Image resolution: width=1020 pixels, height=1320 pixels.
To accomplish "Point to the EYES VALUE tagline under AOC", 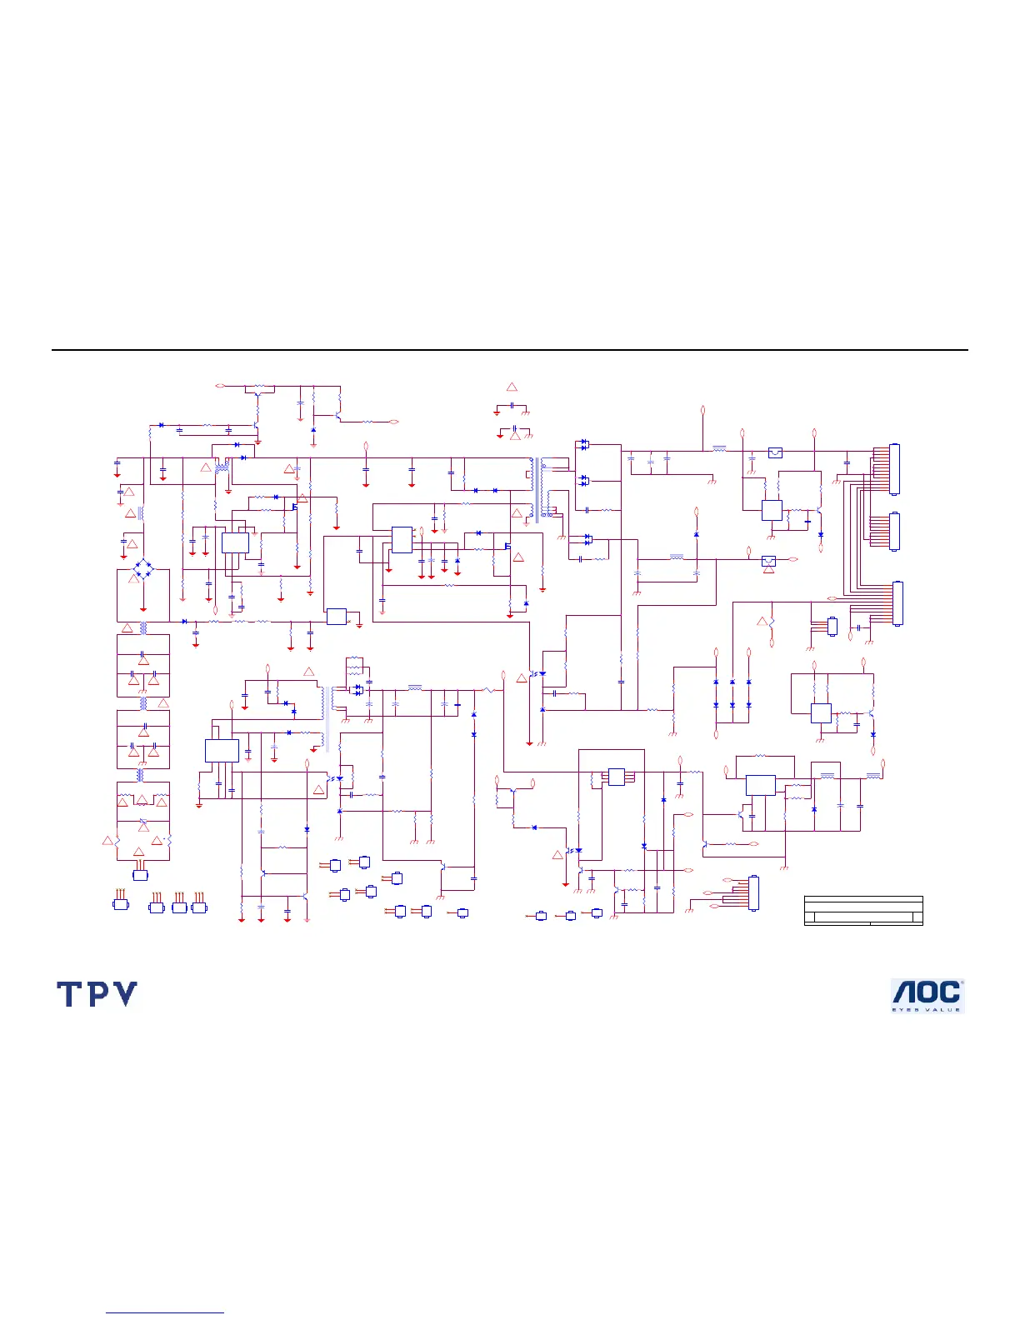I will (x=927, y=1010).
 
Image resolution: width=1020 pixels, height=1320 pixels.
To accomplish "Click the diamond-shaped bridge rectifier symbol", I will (x=144, y=571).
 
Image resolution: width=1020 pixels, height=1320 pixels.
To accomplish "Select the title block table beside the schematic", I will (x=863, y=911).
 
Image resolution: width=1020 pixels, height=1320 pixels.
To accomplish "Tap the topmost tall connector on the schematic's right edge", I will (x=895, y=469).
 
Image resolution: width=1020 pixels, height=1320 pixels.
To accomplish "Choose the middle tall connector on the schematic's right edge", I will (x=895, y=532).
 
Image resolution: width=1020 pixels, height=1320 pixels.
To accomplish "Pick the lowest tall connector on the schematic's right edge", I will (x=897, y=603).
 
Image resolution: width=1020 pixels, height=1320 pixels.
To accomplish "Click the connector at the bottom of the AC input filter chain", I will (x=140, y=875).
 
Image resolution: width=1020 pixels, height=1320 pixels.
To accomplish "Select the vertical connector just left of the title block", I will (x=754, y=892).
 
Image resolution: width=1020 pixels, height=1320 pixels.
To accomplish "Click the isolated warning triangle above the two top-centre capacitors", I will (x=512, y=387).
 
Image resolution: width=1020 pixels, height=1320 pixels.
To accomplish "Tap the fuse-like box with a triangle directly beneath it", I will (x=768, y=561).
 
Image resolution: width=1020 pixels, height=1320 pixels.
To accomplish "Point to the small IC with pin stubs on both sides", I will (x=616, y=777).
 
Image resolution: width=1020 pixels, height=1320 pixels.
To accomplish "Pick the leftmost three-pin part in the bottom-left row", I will (x=121, y=904).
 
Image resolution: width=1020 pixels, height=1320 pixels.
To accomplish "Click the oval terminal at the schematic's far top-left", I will (x=219, y=386).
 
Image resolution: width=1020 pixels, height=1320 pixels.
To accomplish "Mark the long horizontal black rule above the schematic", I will (x=510, y=350).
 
